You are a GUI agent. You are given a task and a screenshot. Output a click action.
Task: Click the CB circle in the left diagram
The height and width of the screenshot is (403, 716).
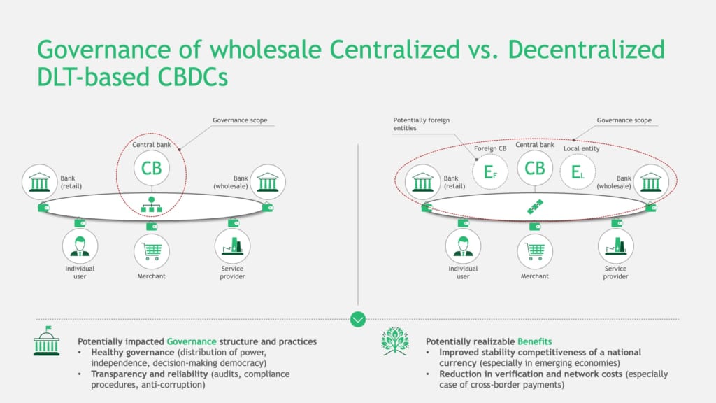point(152,168)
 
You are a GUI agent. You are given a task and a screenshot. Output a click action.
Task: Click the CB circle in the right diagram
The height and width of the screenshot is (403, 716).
point(535,168)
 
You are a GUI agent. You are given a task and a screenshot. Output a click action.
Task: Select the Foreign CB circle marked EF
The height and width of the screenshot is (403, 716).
point(490,172)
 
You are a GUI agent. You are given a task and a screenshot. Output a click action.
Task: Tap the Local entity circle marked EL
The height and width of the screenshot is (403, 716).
point(578,172)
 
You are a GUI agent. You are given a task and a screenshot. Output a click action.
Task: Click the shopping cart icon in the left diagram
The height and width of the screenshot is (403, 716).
point(152,251)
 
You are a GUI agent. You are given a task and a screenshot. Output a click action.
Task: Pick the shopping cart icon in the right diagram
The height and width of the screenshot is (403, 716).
point(535,251)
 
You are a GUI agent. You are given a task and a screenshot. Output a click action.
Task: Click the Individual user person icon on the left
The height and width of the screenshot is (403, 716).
point(80,247)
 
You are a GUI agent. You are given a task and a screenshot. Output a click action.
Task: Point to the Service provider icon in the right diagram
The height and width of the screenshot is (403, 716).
point(615,246)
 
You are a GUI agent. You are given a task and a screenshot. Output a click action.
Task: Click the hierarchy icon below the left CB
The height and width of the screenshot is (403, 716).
point(152,205)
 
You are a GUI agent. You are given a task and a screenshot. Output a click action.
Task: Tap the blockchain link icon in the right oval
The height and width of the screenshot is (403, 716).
point(535,206)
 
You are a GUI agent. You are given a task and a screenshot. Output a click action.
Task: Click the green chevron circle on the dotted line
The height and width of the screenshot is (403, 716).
point(358,319)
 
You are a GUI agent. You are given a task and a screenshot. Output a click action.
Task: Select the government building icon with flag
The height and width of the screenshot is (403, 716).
point(47,341)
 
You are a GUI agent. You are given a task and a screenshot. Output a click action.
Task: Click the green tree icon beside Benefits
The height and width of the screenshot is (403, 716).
point(395,341)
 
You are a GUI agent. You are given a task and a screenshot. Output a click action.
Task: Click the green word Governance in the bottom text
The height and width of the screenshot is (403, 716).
point(192,341)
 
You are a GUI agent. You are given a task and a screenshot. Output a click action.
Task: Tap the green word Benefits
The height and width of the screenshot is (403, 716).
point(534,341)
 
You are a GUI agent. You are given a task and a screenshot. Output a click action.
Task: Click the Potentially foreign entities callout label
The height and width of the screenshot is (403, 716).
point(421,124)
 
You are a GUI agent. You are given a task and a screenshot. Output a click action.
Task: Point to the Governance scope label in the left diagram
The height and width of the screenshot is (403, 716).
point(240,120)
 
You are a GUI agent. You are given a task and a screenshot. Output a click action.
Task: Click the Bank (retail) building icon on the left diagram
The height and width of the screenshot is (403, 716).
point(40,182)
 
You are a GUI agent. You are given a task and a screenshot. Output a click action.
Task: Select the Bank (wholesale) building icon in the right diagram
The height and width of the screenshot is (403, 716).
point(651,182)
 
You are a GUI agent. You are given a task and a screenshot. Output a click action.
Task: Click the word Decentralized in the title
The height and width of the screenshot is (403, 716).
point(587,50)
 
